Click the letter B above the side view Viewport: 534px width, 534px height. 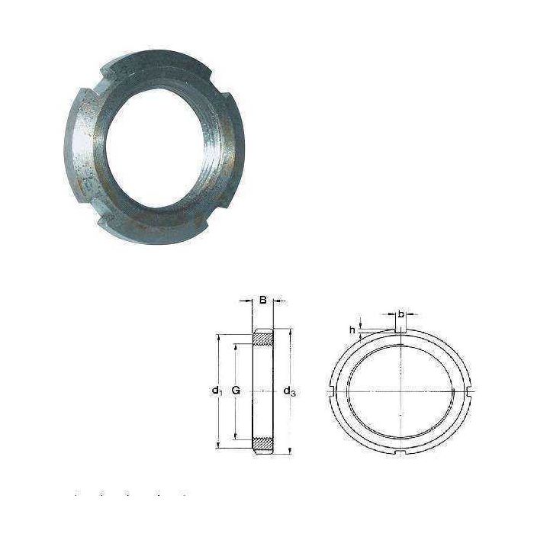click(262, 301)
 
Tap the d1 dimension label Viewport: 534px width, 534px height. click(217, 391)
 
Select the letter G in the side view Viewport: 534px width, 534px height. click(236, 391)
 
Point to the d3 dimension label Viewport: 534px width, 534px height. click(289, 391)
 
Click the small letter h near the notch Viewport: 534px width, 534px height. click(352, 330)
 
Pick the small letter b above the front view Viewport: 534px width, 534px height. click(400, 314)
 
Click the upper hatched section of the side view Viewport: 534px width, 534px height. click(263, 339)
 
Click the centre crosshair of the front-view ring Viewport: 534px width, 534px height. click(400, 391)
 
